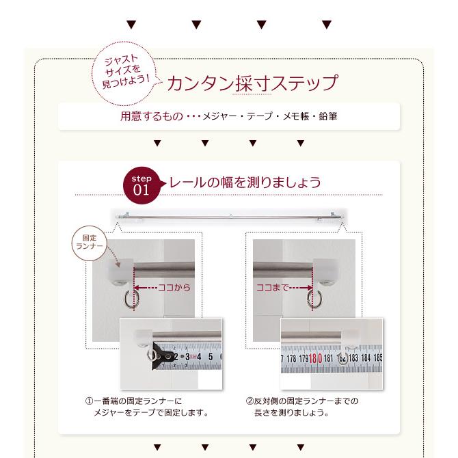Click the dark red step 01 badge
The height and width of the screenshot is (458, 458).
tap(142, 185)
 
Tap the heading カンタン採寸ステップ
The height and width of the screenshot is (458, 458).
tap(253, 83)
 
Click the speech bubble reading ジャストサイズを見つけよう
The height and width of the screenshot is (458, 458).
tap(124, 73)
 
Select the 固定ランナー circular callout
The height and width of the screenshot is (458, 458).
tap(90, 243)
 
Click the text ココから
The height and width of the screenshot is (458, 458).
tap(174, 288)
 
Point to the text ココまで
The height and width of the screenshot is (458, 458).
tap(273, 288)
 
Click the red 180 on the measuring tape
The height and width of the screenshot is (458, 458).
tap(315, 358)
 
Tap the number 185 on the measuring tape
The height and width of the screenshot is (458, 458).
tap(377, 358)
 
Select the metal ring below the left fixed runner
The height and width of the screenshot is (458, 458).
tap(130, 299)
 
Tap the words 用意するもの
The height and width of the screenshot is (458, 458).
tap(152, 116)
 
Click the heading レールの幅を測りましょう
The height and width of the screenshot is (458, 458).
tap(245, 183)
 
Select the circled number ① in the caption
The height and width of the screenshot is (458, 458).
tap(89, 401)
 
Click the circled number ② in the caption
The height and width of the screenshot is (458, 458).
tap(250, 401)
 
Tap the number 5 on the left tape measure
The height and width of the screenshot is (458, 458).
tap(211, 357)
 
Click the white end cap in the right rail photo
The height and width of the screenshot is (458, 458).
tap(325, 270)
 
